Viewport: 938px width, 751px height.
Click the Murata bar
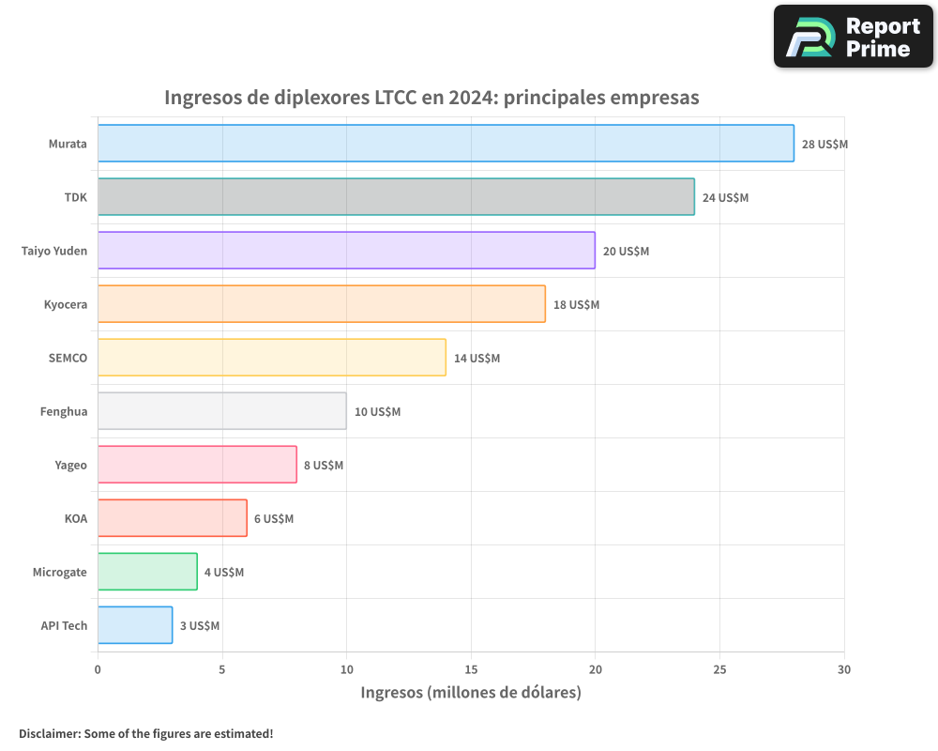pyautogui.click(x=446, y=144)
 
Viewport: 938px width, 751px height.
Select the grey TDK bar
pyautogui.click(x=396, y=197)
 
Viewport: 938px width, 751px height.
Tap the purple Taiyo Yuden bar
pyautogui.click(x=346, y=251)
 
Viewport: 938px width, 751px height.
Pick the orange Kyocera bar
pyautogui.click(x=321, y=304)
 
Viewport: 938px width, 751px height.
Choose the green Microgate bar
pyautogui.click(x=147, y=572)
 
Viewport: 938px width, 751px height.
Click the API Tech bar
pyautogui.click(x=135, y=625)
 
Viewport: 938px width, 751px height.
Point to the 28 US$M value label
pyautogui.click(x=825, y=145)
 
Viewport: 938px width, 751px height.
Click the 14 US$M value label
pyautogui.click(x=477, y=359)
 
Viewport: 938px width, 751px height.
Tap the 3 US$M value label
pyautogui.click(x=200, y=626)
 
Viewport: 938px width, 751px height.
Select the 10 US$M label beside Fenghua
pyautogui.click(x=377, y=412)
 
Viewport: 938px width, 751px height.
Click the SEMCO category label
pyautogui.click(x=68, y=358)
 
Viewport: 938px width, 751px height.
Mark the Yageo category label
pyautogui.click(x=71, y=465)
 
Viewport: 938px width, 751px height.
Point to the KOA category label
pyautogui.click(x=76, y=518)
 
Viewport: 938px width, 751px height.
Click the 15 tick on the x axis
pyautogui.click(x=471, y=669)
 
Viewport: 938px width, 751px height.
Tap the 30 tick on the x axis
pyautogui.click(x=844, y=669)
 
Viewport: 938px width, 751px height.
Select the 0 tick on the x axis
pyautogui.click(x=98, y=669)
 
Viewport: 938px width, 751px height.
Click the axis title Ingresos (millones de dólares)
pyautogui.click(x=471, y=693)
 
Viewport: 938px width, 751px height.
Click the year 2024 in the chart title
pyautogui.click(x=473, y=98)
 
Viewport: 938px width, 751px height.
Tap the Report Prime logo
pyautogui.click(x=853, y=37)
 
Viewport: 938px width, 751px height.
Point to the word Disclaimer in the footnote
pyautogui.click(x=49, y=733)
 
